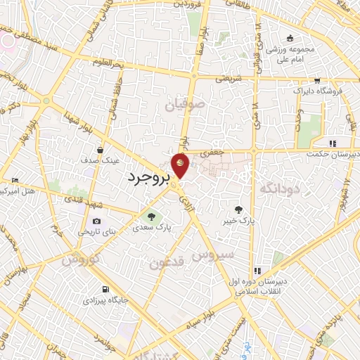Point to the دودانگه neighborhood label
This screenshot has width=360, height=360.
(x=280, y=188)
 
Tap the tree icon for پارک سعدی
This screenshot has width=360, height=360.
(x=149, y=216)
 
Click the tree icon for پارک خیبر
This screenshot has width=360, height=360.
(x=239, y=209)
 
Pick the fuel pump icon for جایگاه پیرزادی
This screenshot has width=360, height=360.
(x=105, y=288)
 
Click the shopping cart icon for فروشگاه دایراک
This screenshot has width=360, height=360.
(x=317, y=80)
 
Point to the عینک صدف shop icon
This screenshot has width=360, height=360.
(x=101, y=150)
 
